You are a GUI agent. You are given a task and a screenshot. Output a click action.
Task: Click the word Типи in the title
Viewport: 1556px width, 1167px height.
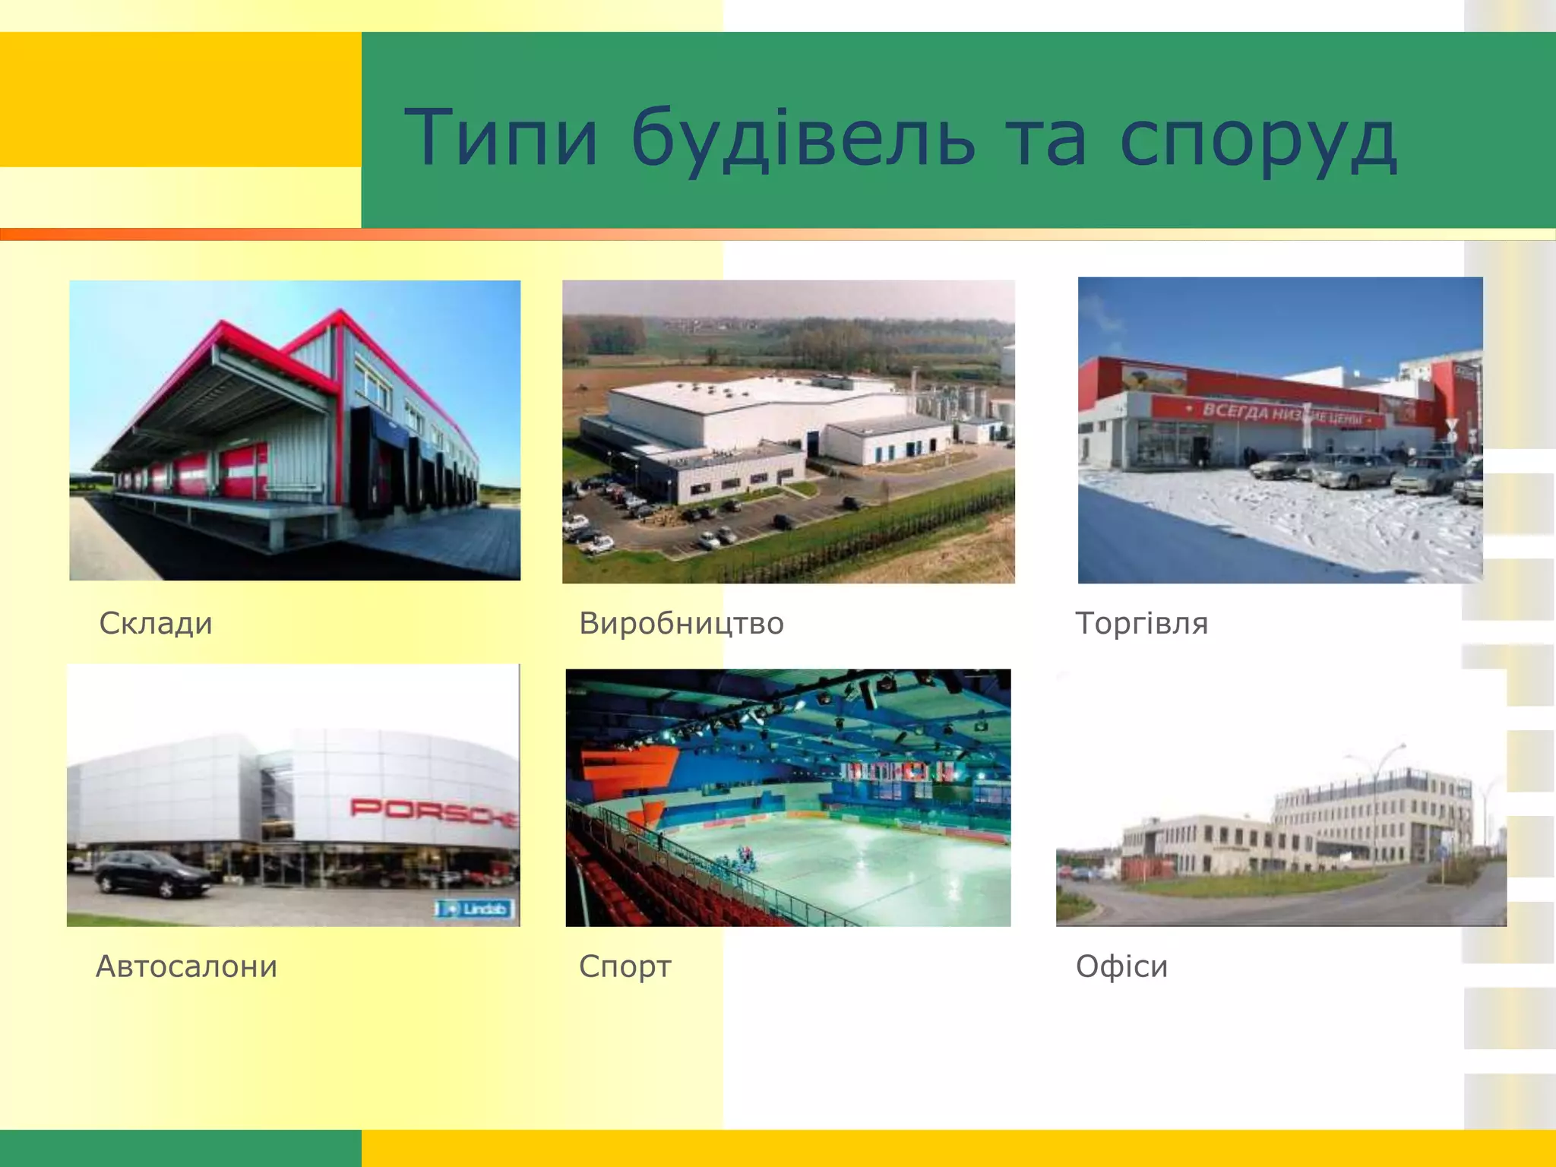501,138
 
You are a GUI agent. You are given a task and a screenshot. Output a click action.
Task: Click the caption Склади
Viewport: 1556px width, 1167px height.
156,624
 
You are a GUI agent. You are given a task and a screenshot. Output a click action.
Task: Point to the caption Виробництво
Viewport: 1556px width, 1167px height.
681,624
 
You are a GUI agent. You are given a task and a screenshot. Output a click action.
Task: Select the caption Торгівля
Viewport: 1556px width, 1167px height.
1141,624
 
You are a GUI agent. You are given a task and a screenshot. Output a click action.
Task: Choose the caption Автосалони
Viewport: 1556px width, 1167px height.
187,966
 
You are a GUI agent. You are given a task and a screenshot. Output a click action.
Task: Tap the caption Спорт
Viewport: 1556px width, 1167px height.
625,967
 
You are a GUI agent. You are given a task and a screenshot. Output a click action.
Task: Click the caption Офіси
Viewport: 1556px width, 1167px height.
1121,966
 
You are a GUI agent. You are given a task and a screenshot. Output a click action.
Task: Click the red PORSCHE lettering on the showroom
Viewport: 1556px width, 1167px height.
433,810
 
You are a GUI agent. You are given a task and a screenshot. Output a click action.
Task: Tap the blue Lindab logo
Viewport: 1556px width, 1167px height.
476,909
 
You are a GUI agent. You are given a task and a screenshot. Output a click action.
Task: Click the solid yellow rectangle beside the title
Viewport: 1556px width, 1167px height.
180,99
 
